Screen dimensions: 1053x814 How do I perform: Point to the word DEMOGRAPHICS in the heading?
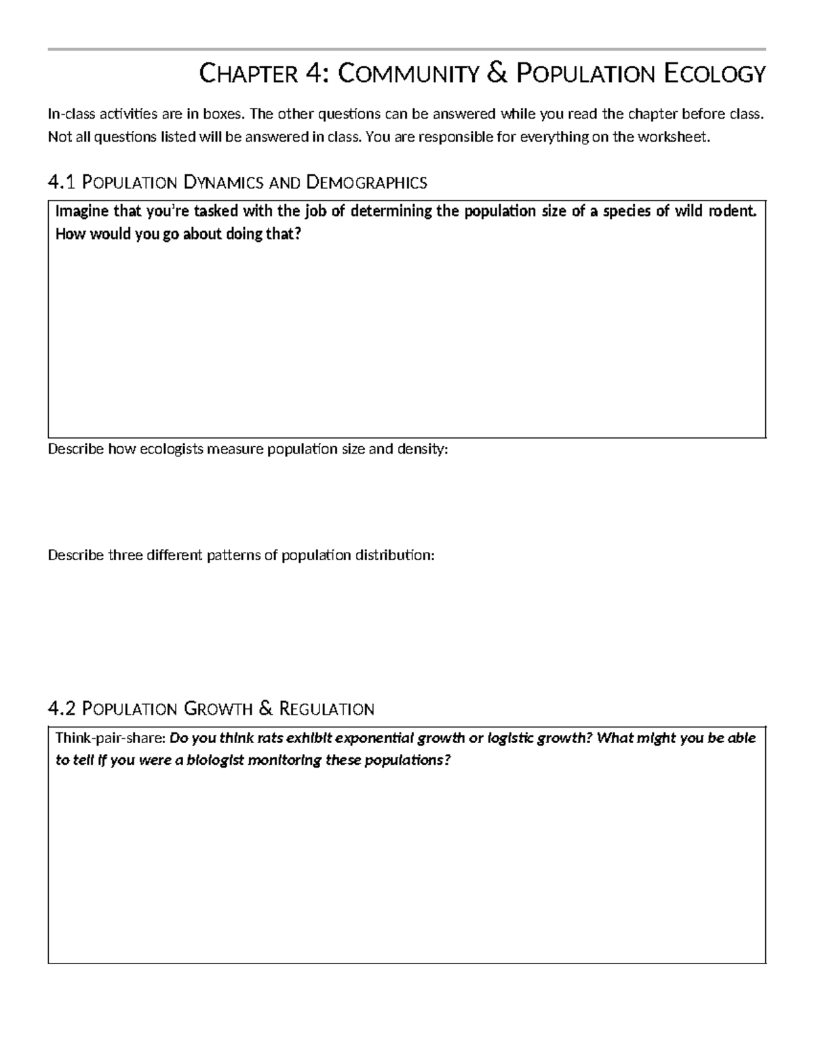367,182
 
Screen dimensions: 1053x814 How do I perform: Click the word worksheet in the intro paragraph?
677,137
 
